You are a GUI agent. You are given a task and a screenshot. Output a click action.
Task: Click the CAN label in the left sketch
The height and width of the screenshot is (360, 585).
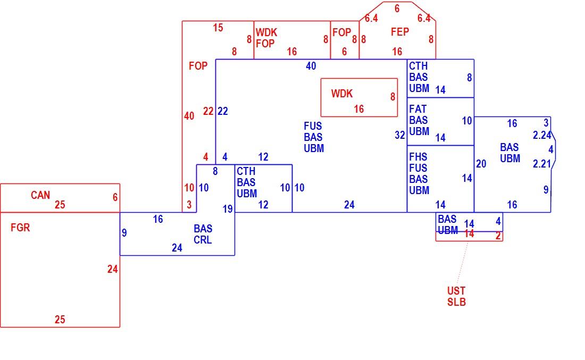[x=40, y=195]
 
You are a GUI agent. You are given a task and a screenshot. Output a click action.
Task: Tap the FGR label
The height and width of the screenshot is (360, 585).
[x=20, y=228]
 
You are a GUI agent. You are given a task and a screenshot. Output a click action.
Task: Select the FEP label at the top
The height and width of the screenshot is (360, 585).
[x=400, y=32]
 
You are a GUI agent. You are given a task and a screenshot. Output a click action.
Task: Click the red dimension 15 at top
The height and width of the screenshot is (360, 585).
[x=218, y=28]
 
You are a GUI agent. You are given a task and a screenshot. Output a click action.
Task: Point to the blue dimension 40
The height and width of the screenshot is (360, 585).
[x=311, y=66]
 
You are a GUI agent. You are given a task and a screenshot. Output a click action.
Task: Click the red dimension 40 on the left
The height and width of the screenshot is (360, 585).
[x=189, y=116]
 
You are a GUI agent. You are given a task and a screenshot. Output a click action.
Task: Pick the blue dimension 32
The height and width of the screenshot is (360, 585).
[x=400, y=135]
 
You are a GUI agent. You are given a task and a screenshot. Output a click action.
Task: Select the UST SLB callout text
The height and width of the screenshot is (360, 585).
[x=457, y=296]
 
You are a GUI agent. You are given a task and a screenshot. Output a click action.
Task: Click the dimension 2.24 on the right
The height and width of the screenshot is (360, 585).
[x=542, y=135]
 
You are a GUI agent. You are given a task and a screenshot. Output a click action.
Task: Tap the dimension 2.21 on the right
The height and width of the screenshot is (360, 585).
[x=542, y=164]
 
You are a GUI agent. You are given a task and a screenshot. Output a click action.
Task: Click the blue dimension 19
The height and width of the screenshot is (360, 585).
[x=228, y=210]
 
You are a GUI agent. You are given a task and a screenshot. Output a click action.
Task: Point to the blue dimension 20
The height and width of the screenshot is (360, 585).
[x=481, y=164]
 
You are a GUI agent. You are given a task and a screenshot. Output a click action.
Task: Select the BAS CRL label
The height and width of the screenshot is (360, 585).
[x=203, y=235]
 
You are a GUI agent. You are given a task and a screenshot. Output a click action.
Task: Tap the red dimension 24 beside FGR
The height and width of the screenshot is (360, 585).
[x=113, y=269]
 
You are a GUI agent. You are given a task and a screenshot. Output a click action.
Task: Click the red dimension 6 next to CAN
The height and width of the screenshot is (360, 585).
[x=115, y=197]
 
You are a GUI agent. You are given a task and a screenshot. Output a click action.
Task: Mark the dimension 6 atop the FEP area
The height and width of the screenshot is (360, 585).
[x=397, y=9]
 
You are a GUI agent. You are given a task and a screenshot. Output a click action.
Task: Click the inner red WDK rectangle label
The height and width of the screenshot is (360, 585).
[x=342, y=94]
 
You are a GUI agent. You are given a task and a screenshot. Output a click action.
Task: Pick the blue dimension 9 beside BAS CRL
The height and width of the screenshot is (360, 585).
[x=124, y=233]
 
